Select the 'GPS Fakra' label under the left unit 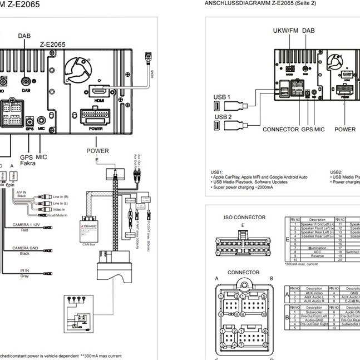[28, 160]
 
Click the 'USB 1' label [221, 97]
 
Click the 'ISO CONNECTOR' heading [244, 218]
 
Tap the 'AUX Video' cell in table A [314, 293]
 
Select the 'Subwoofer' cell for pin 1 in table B [314, 312]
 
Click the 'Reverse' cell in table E [317, 256]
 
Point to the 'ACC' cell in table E [317, 252]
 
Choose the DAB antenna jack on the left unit [26, 80]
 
